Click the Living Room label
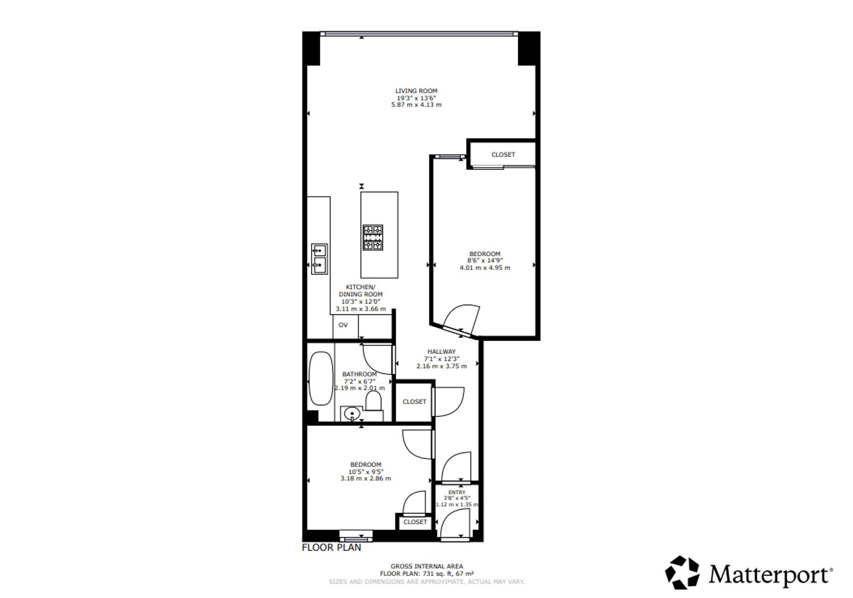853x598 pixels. tap(416, 91)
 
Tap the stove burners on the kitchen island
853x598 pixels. tap(373, 237)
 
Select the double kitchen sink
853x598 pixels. tap(319, 259)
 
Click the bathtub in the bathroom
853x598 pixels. tap(321, 378)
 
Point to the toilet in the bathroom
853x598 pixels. tap(374, 402)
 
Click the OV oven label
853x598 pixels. tap(343, 325)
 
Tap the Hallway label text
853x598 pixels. tap(441, 352)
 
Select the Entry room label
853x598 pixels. tap(457, 492)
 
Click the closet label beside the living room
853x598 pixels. tap(503, 155)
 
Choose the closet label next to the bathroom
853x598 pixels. tap(414, 402)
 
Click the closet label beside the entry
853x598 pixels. tap(415, 522)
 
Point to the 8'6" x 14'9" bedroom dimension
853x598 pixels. tap(485, 260)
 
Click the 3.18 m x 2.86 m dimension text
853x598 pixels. tap(366, 478)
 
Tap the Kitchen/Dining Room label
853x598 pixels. tap(361, 291)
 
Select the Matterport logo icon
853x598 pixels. tap(682, 573)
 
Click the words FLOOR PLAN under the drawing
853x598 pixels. tap(331, 548)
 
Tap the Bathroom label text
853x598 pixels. tap(360, 374)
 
